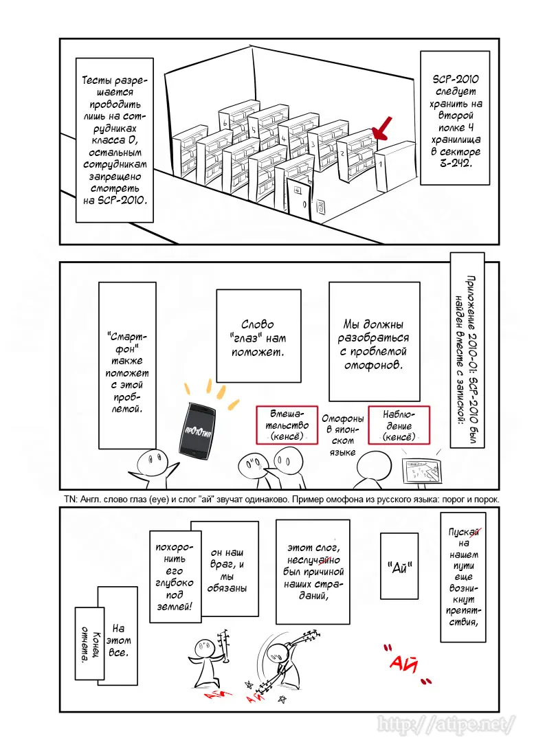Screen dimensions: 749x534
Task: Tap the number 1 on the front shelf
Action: pyautogui.click(x=380, y=165)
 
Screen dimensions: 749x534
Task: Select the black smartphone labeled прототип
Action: pyautogui.click(x=196, y=429)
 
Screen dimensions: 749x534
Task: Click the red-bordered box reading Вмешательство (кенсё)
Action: pyautogui.click(x=285, y=427)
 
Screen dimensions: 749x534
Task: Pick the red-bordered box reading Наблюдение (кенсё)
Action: pyautogui.click(x=399, y=426)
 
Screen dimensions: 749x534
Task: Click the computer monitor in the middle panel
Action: pyautogui.click(x=423, y=470)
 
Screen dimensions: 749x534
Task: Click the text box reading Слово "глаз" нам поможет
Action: pyautogui.click(x=258, y=336)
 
